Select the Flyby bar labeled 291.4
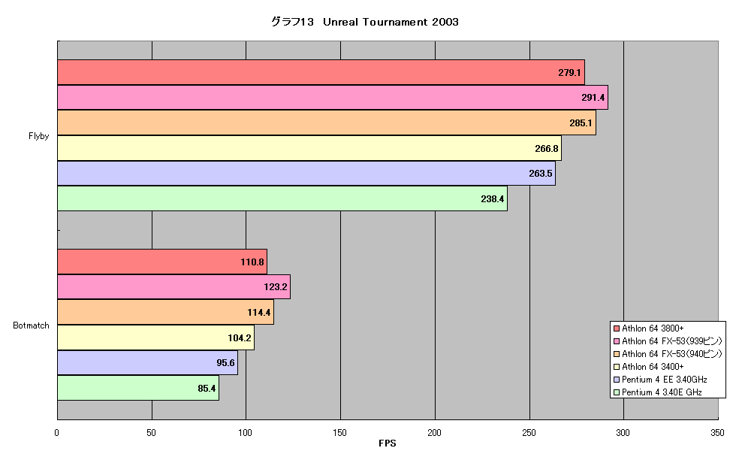[x=333, y=98]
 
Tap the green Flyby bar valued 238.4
[x=282, y=198]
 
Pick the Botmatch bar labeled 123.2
[x=173, y=286]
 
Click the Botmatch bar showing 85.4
[x=137, y=388]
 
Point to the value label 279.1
[x=569, y=73]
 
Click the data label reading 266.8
[x=547, y=149]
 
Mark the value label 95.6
[x=225, y=362]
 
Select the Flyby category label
[x=38, y=135]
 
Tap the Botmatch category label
[x=31, y=325]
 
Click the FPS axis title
[x=388, y=443]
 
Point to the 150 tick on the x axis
[x=340, y=432]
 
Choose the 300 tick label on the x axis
[x=623, y=432]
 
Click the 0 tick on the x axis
[x=57, y=432]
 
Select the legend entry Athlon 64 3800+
[x=649, y=328]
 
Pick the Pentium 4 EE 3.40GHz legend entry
[x=661, y=380]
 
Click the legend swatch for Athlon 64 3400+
[x=617, y=367]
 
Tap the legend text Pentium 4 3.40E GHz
[x=662, y=392]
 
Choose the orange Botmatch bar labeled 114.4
[x=165, y=312]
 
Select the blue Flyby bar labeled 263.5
[x=306, y=174]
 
